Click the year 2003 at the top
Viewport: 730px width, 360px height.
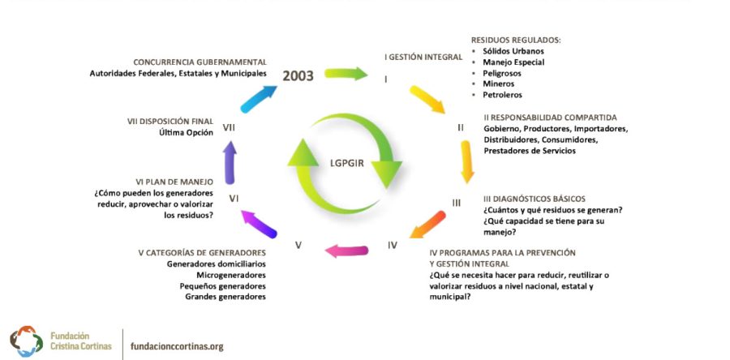coord(299,75)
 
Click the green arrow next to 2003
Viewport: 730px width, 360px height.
coord(346,74)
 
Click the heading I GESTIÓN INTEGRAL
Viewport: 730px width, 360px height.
coord(418,58)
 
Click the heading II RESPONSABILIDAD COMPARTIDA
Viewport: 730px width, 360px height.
coord(550,117)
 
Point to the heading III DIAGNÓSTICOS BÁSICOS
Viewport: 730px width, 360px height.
coord(534,198)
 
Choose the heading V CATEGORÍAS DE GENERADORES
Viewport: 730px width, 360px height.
coord(202,252)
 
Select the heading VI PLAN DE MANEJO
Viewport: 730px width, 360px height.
coord(174,182)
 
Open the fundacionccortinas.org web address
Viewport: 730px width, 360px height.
coord(177,346)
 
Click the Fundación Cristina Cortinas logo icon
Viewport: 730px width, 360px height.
coord(26,341)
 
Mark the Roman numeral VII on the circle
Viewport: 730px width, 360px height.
coord(229,128)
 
